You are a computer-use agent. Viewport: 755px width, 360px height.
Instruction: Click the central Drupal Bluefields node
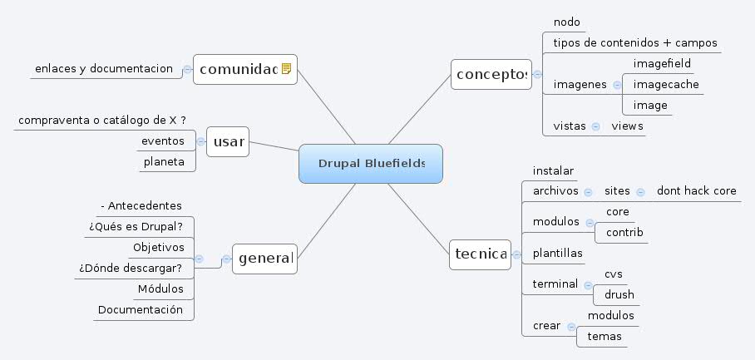371,163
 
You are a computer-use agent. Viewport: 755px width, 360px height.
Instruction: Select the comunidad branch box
238,69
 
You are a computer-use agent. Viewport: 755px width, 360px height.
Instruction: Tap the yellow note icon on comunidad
286,69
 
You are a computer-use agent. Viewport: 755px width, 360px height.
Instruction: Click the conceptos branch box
491,75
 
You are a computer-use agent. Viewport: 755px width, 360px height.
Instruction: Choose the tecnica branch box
480,254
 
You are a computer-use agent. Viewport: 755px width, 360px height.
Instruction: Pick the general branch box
264,259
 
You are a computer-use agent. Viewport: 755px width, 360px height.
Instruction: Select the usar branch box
228,141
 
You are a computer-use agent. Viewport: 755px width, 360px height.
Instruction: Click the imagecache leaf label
665,84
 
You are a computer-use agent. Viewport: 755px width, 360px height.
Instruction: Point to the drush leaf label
619,294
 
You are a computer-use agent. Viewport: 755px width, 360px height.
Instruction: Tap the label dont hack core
696,191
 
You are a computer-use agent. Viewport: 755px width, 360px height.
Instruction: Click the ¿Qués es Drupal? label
136,225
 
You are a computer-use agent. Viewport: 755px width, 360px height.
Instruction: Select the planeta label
164,161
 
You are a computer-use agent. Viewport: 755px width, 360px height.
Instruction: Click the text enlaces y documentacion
103,68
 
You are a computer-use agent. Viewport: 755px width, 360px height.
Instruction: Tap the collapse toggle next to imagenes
616,85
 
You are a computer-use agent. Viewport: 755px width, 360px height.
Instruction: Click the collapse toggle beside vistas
595,126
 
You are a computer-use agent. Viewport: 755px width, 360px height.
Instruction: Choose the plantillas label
557,253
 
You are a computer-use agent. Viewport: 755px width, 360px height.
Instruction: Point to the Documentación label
140,309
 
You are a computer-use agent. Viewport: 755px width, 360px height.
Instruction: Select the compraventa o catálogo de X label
101,121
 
